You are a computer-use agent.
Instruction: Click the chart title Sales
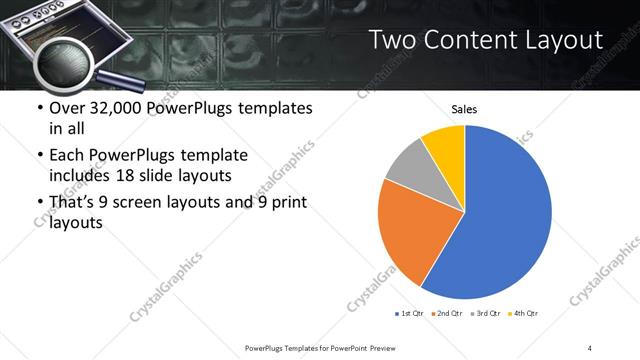click(x=464, y=109)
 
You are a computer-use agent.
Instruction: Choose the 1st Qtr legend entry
click(x=410, y=314)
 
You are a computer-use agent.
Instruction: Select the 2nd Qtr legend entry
click(x=446, y=314)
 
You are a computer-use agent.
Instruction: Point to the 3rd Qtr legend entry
click(x=486, y=314)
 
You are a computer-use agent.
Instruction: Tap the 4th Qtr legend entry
click(x=524, y=314)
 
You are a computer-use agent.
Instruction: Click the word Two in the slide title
click(x=390, y=39)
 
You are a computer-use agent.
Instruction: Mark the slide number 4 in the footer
click(x=590, y=347)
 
